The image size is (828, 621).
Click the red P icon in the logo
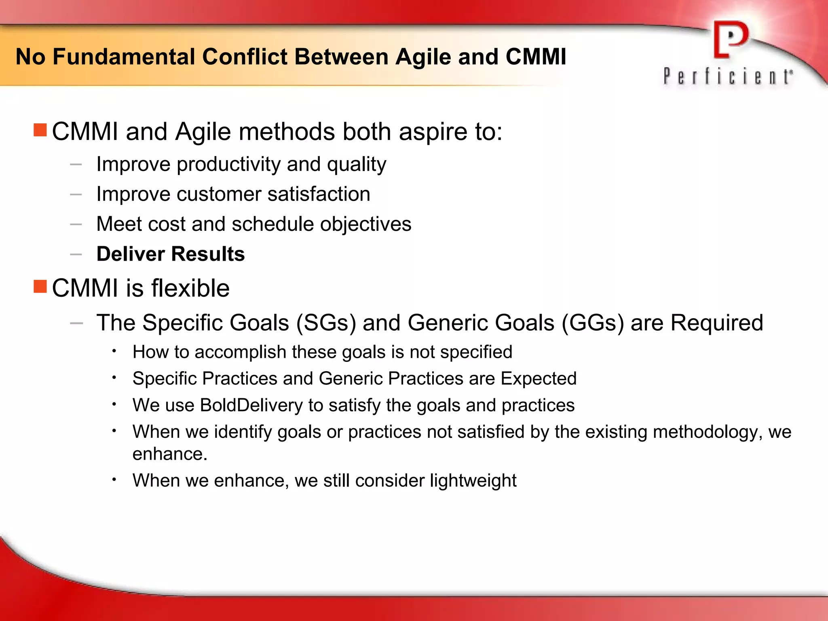click(x=730, y=40)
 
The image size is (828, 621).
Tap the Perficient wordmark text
click(x=727, y=76)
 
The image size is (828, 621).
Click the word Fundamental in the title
click(x=124, y=57)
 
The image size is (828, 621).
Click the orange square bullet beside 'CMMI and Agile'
click(x=40, y=130)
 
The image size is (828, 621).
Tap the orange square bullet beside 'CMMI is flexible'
click(x=40, y=286)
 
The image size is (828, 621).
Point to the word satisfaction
click(x=319, y=194)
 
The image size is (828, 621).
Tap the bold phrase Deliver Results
click(x=171, y=254)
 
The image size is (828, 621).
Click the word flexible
click(x=190, y=288)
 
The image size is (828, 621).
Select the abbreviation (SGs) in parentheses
click(x=326, y=323)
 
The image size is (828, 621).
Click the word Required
click(x=716, y=323)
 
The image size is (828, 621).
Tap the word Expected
click(x=538, y=379)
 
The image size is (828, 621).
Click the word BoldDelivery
click(x=251, y=406)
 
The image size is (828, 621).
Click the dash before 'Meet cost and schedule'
click(x=76, y=224)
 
